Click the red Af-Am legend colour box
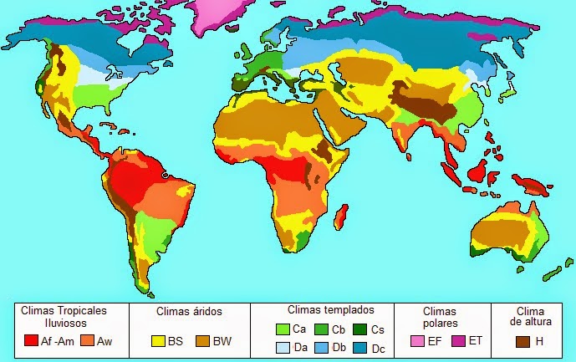click(32, 341)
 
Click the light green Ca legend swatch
click(282, 329)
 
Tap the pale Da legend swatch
click(282, 346)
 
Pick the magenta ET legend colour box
click(456, 341)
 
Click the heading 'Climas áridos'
click(189, 312)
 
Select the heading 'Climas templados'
click(325, 308)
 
